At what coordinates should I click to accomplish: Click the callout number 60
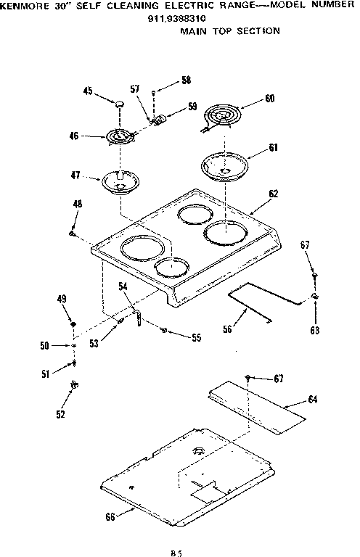(269, 99)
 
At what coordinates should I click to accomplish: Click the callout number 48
(78, 205)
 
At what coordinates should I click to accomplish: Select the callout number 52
(61, 414)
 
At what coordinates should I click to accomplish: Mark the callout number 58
(187, 80)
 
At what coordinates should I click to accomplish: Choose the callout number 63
(314, 331)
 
